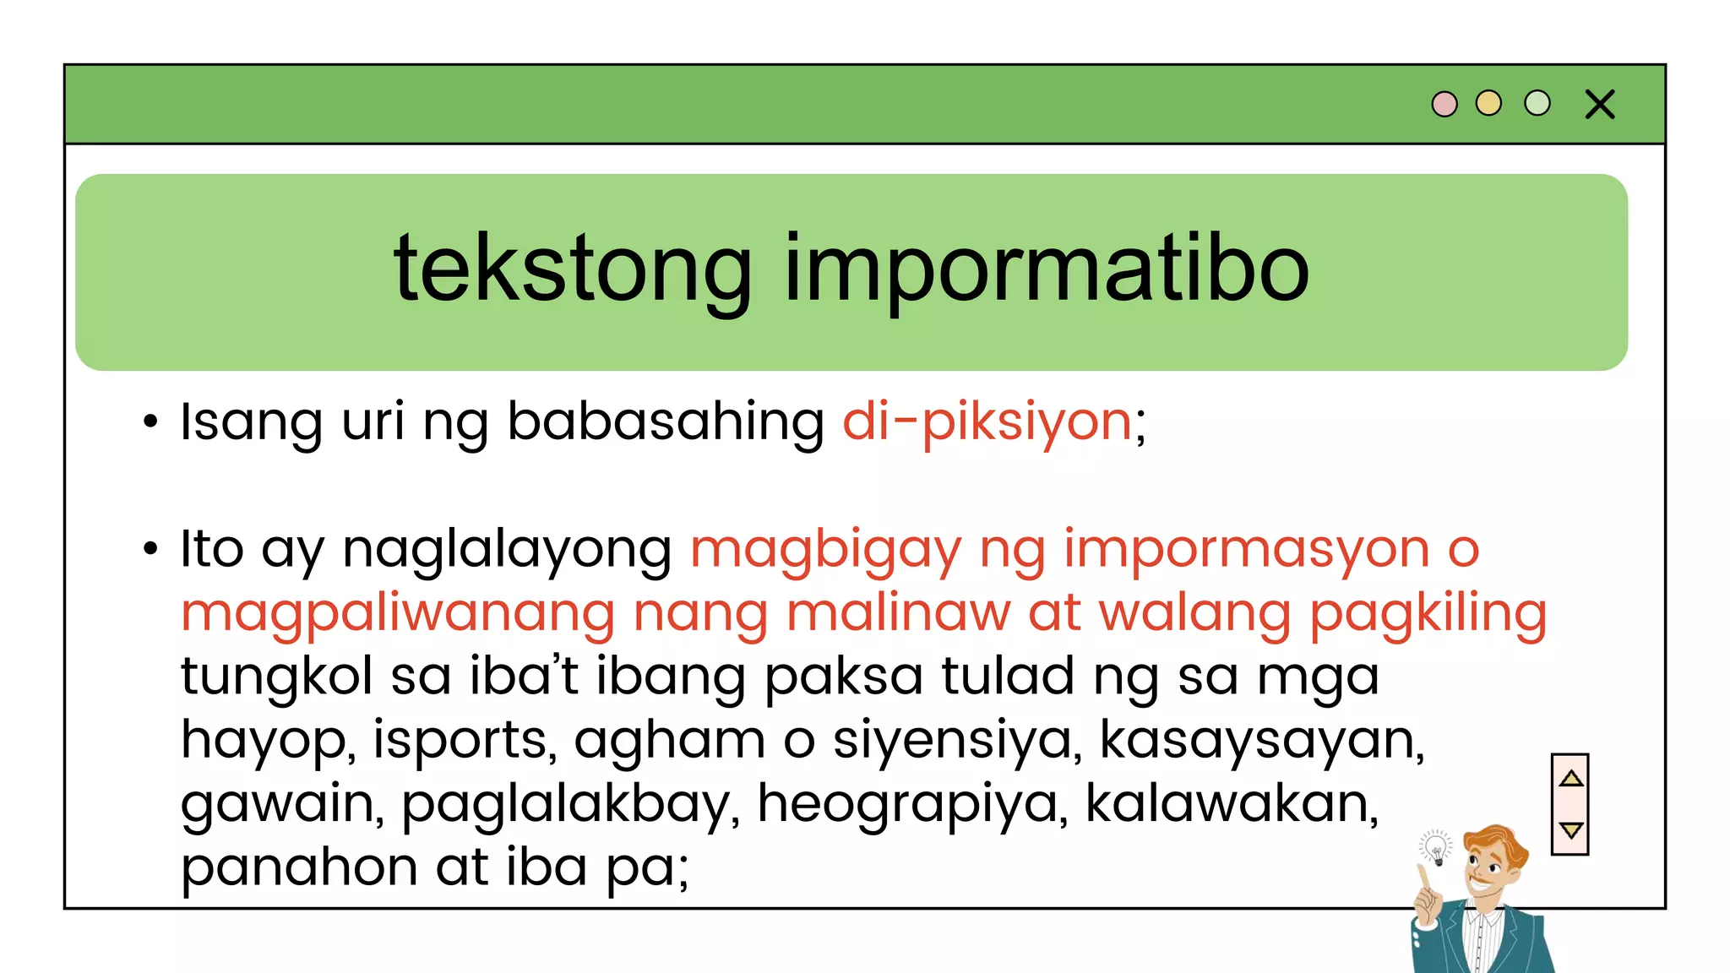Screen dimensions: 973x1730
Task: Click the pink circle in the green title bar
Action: (x=1444, y=104)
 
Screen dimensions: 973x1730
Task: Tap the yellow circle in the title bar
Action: (x=1488, y=103)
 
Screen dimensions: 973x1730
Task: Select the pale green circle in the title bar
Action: (x=1537, y=103)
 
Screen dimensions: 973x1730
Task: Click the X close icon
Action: (x=1600, y=105)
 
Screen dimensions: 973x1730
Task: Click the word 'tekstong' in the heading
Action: (x=573, y=269)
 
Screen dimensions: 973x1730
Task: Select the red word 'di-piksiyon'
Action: (x=987, y=421)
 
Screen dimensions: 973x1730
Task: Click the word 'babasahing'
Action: (x=666, y=421)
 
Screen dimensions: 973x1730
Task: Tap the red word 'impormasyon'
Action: (x=1246, y=549)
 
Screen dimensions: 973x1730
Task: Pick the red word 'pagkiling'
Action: (x=1428, y=613)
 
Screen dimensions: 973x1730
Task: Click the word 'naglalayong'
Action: (x=507, y=551)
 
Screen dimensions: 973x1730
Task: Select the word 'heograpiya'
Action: (x=908, y=804)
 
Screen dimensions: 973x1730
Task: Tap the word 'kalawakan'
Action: (x=1231, y=802)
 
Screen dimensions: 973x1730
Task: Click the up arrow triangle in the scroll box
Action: (x=1571, y=779)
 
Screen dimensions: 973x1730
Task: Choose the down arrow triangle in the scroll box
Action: (x=1571, y=830)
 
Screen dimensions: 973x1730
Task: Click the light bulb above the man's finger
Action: (x=1435, y=847)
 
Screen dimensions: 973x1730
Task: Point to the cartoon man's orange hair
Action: (x=1499, y=841)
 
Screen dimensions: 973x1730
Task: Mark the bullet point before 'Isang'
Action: (x=150, y=421)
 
